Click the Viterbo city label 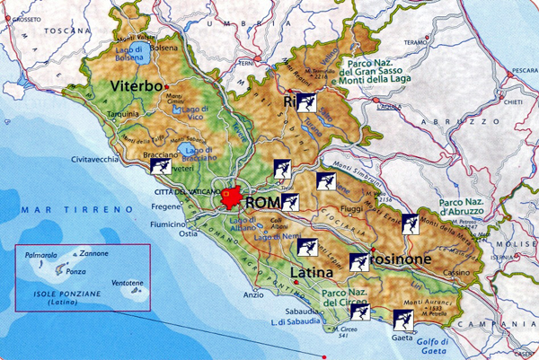(x=137, y=87)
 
